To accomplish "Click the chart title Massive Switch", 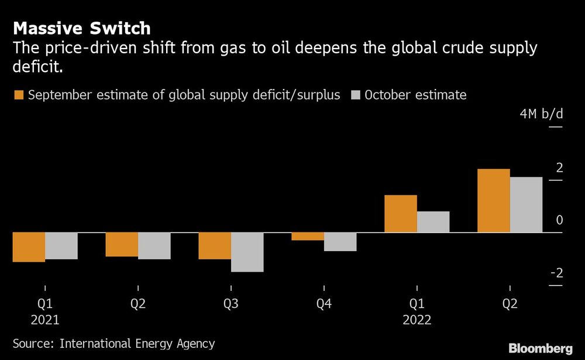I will (81, 28).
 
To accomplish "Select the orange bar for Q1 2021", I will (29, 247).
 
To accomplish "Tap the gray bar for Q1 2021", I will (61, 246).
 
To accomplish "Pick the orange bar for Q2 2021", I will (122, 245).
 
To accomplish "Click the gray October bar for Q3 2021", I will (247, 252).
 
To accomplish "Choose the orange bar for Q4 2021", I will (308, 236).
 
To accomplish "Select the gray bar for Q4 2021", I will (340, 242).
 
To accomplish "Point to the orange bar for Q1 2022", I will (401, 214).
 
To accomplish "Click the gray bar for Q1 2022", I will (433, 222).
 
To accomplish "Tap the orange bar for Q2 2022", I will (494, 201).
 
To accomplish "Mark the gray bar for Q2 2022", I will (526, 205).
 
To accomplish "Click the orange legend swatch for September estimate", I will (18, 95).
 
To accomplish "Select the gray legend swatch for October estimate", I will (356, 95).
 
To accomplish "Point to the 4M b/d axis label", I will (541, 114).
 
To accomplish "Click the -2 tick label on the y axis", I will (556, 273).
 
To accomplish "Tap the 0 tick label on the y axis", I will (559, 221).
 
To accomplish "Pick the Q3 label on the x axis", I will (230, 304).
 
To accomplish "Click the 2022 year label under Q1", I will (417, 320).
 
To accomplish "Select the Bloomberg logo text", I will (540, 348).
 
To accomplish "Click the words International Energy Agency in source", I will (138, 344).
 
